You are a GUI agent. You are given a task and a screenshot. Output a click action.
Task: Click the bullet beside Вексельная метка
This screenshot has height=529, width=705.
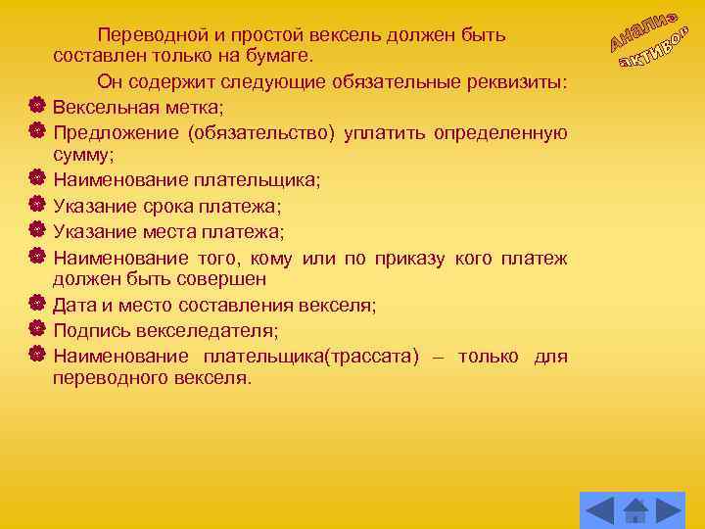coord(36,105)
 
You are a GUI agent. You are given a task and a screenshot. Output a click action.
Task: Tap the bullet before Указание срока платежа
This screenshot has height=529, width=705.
coord(36,205)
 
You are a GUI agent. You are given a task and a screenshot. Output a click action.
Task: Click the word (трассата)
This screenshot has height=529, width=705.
coord(363,356)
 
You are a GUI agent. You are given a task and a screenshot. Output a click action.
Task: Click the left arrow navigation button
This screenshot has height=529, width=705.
coord(599,510)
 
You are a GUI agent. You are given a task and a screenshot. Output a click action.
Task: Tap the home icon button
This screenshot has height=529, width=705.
coord(635,510)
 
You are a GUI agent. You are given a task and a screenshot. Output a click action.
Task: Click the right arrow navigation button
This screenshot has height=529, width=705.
coord(669,510)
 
